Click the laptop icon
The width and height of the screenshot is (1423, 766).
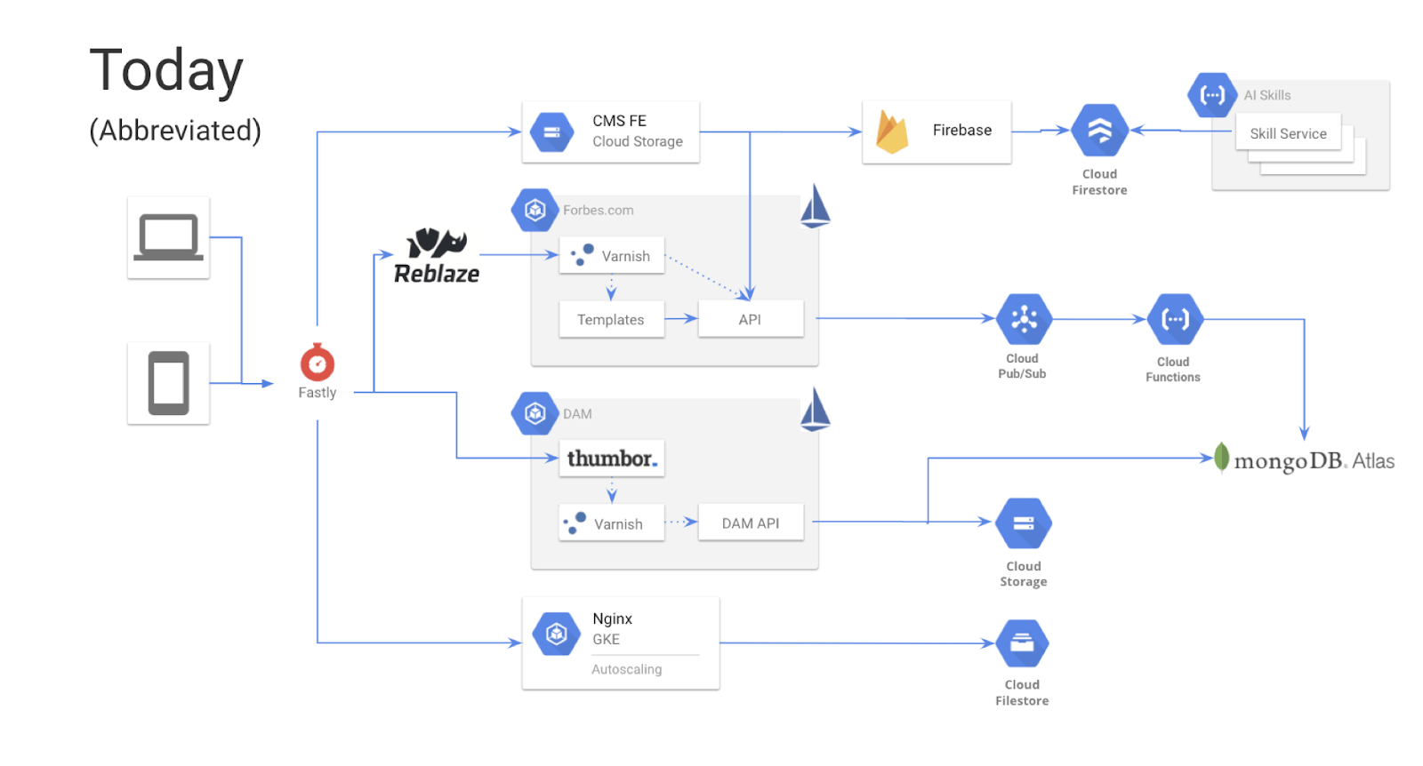(168, 237)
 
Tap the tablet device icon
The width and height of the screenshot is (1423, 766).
(168, 383)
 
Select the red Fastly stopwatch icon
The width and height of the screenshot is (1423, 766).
(317, 363)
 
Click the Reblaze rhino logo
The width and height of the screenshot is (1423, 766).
(437, 243)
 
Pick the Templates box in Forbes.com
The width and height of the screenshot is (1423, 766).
(611, 319)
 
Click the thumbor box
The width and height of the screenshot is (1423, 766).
(611, 459)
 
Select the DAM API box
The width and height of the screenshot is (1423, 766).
(750, 523)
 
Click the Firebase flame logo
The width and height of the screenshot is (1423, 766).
(891, 132)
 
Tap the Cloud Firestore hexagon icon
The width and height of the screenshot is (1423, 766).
(1099, 131)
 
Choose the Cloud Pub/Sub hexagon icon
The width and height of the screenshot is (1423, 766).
(1024, 319)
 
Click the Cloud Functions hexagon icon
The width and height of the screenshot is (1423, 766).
(1175, 319)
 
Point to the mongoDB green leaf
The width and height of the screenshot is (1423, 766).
(1222, 458)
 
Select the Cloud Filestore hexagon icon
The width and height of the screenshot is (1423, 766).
(1022, 643)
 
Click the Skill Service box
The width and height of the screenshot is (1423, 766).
(1288, 133)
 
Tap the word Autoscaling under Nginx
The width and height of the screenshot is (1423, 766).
(626, 669)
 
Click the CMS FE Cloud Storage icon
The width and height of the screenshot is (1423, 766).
(551, 132)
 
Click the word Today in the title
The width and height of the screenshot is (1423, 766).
(166, 71)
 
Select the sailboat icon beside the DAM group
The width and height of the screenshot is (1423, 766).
(815, 410)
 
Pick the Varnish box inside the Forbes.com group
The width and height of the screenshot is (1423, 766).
(611, 256)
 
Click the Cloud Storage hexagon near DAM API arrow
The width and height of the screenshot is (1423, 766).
(1024, 523)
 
